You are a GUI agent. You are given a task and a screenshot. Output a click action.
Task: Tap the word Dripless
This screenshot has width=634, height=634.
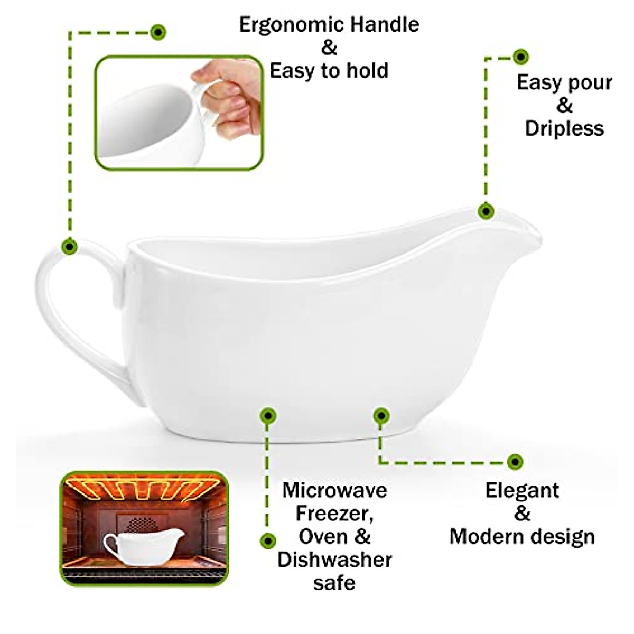coord(564,129)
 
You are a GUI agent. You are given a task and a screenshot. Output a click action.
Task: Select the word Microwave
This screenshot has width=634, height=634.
coord(334,490)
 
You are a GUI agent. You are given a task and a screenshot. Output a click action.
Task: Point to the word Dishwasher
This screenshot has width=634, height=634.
coord(334,560)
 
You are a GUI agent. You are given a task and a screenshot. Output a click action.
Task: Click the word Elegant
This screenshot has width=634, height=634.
coord(522,490)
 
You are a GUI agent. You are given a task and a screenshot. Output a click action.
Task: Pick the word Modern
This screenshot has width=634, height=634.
coord(488,537)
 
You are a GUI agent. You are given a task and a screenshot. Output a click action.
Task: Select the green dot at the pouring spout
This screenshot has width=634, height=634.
coord(486,211)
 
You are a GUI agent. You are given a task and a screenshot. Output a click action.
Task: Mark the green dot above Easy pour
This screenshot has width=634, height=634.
coord(521,57)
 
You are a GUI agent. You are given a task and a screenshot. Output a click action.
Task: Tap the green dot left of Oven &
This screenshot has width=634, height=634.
coord(268,540)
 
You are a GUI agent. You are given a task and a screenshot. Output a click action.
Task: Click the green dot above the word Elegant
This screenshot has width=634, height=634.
coord(514,461)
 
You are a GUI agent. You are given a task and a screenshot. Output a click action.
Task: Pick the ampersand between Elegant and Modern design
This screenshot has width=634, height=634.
coord(522,514)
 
